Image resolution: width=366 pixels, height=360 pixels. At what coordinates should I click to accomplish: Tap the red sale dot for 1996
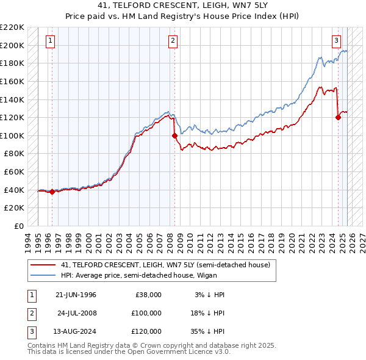click(52, 192)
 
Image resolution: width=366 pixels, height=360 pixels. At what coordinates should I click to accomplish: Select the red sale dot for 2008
click(174, 135)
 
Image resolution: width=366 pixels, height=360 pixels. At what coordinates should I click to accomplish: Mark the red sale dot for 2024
click(338, 118)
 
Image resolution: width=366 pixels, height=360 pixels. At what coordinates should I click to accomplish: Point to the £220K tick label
click(12, 27)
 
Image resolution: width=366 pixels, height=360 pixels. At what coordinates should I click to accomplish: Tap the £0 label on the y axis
click(18, 226)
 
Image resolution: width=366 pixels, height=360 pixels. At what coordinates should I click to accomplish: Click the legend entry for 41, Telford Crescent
click(165, 265)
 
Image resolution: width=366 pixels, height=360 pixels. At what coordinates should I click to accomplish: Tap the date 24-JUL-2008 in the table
click(77, 313)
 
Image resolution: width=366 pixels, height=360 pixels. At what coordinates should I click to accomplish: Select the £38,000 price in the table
click(148, 295)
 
